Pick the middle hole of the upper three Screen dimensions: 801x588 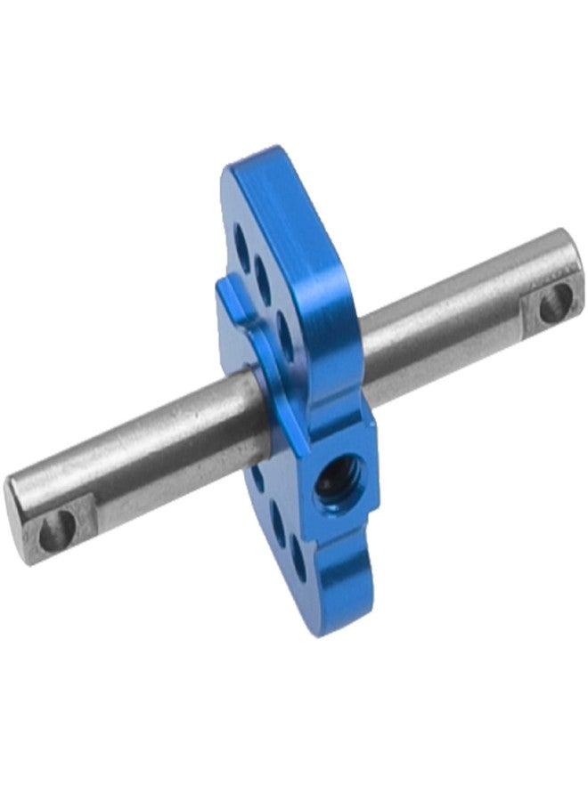coord(261,270)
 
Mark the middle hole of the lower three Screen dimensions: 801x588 coord(278,528)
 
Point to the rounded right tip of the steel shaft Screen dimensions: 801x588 coord(575,267)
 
